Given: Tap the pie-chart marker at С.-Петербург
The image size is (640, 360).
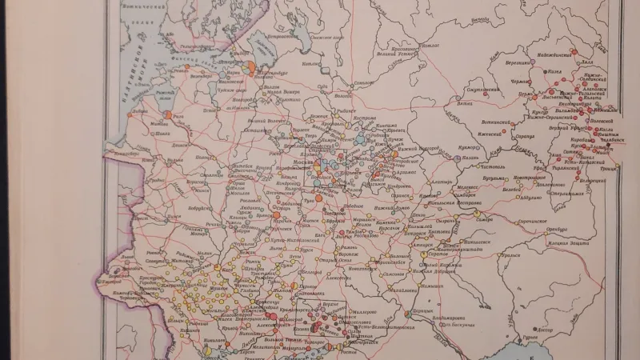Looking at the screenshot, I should click(249, 67).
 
